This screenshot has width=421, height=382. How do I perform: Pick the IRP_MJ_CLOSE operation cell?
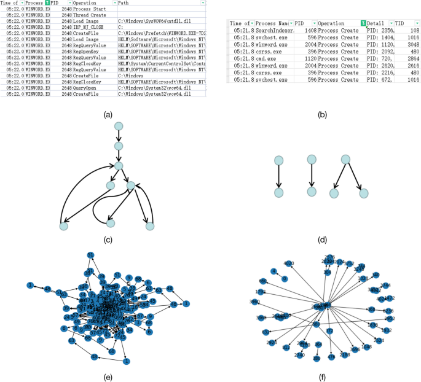point(89,27)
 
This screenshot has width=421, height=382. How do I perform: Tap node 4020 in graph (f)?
point(289,264)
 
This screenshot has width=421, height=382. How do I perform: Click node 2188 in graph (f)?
point(345,354)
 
